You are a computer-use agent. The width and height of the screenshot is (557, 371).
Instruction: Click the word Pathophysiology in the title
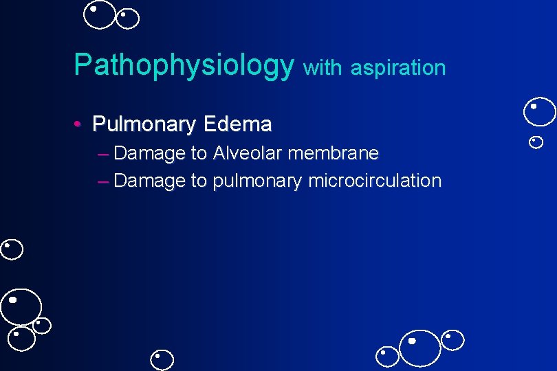[x=184, y=65]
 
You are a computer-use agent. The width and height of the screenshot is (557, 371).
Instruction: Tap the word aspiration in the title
[x=398, y=67]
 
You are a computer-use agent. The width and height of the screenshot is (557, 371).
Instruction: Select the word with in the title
[x=322, y=67]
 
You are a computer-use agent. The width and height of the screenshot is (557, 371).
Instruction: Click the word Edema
[x=238, y=124]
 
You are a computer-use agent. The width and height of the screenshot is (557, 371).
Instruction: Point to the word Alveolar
[x=248, y=153]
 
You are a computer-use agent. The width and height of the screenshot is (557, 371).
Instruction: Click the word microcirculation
[x=375, y=181]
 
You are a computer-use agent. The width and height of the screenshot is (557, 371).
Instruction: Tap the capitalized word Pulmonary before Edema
[x=144, y=124]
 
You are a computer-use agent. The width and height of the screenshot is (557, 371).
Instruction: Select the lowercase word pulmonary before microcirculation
[x=257, y=181]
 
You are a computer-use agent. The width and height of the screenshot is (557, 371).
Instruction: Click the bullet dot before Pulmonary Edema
[x=79, y=124]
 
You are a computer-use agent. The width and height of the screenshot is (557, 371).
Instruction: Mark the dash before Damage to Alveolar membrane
[x=103, y=153]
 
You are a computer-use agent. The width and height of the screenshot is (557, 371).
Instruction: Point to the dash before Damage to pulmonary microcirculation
[x=103, y=181]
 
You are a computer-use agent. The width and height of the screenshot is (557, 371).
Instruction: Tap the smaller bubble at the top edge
[x=128, y=19]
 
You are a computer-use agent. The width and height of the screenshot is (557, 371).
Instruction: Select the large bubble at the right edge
[x=539, y=112]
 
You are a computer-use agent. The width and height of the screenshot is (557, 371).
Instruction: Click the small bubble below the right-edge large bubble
[x=536, y=142]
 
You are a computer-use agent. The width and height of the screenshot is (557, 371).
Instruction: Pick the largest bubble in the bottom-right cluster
[x=419, y=348]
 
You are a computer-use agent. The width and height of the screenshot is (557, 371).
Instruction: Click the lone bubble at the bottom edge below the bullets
[x=162, y=360]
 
